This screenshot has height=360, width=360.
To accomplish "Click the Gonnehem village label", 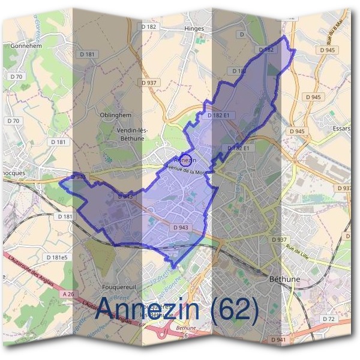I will click(x=25, y=45).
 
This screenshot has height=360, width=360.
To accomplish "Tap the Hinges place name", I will click(x=195, y=28).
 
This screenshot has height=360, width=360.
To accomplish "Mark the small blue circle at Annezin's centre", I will click(x=186, y=160).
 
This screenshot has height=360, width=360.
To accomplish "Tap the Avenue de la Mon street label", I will click(x=187, y=171).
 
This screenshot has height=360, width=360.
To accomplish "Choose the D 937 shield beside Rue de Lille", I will click(x=278, y=239).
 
